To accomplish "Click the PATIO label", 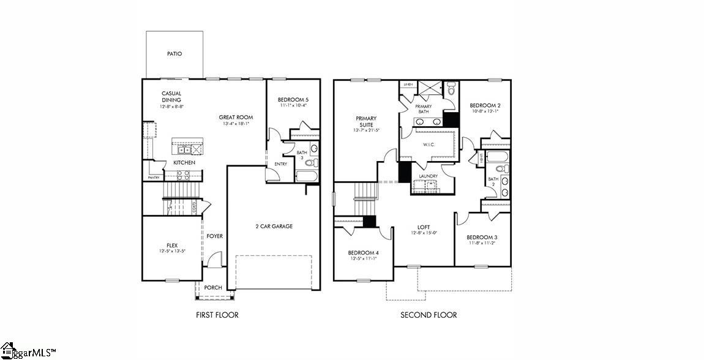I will pyautogui.click(x=174, y=54).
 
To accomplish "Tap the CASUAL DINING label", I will pyautogui.click(x=171, y=97).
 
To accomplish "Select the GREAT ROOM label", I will pyautogui.click(x=236, y=118).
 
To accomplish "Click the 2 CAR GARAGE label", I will pyautogui.click(x=274, y=227).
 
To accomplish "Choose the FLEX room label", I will pyautogui.click(x=172, y=246).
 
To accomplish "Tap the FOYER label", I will pyautogui.click(x=214, y=236).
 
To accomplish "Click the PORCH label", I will pyautogui.click(x=213, y=288).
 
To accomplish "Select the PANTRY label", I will pyautogui.click(x=154, y=178).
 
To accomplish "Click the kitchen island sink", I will pyautogui.click(x=182, y=149).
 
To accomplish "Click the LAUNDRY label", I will pyautogui.click(x=428, y=176).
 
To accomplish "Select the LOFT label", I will pyautogui.click(x=422, y=227).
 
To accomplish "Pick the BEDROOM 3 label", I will pyautogui.click(x=482, y=238).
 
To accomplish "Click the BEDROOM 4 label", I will pyautogui.click(x=364, y=253).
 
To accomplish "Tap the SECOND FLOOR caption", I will pyautogui.click(x=429, y=315).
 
